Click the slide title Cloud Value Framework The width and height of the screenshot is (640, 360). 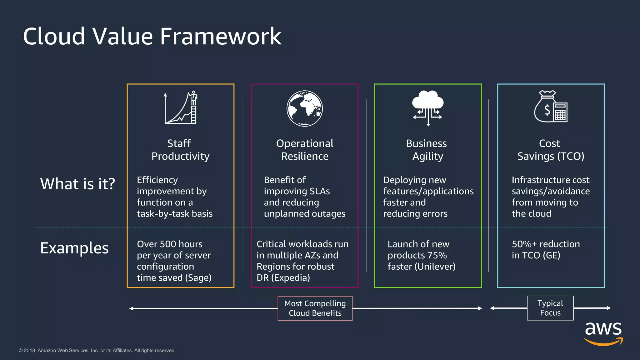152,36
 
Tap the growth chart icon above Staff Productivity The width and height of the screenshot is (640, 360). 181,108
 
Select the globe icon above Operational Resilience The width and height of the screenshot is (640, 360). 305,108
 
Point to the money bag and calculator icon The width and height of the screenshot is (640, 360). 551,107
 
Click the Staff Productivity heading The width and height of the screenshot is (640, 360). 180,150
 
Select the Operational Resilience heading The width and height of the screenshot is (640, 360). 305,150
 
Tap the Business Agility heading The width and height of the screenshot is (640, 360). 427,150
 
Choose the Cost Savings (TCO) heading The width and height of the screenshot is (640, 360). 551,150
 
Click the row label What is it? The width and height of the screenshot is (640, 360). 77,184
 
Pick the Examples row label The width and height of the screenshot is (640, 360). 74,248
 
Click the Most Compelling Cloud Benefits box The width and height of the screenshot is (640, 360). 315,308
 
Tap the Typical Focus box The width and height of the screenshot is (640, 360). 550,308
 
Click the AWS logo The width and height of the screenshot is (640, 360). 603,334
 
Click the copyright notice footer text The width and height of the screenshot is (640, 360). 97,351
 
